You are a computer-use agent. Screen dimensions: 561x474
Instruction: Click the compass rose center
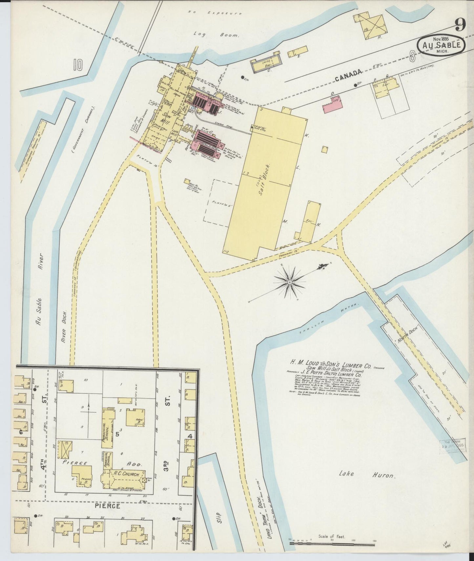pyautogui.click(x=290, y=282)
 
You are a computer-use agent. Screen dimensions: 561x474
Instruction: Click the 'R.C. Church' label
pyautogui.click(x=124, y=474)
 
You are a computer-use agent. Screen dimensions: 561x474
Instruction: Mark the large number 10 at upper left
pyautogui.click(x=78, y=64)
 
